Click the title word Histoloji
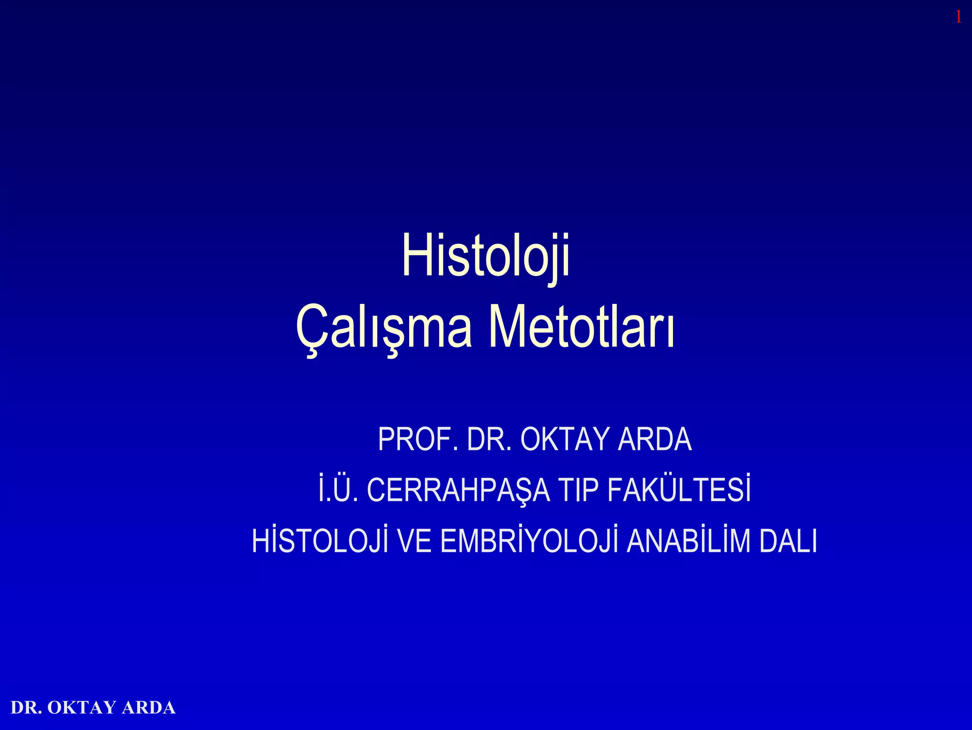click(486, 256)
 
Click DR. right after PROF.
click(489, 439)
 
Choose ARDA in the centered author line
click(655, 439)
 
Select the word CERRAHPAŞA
click(458, 491)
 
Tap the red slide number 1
click(958, 18)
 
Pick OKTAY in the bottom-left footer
click(82, 708)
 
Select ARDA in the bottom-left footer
click(149, 708)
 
